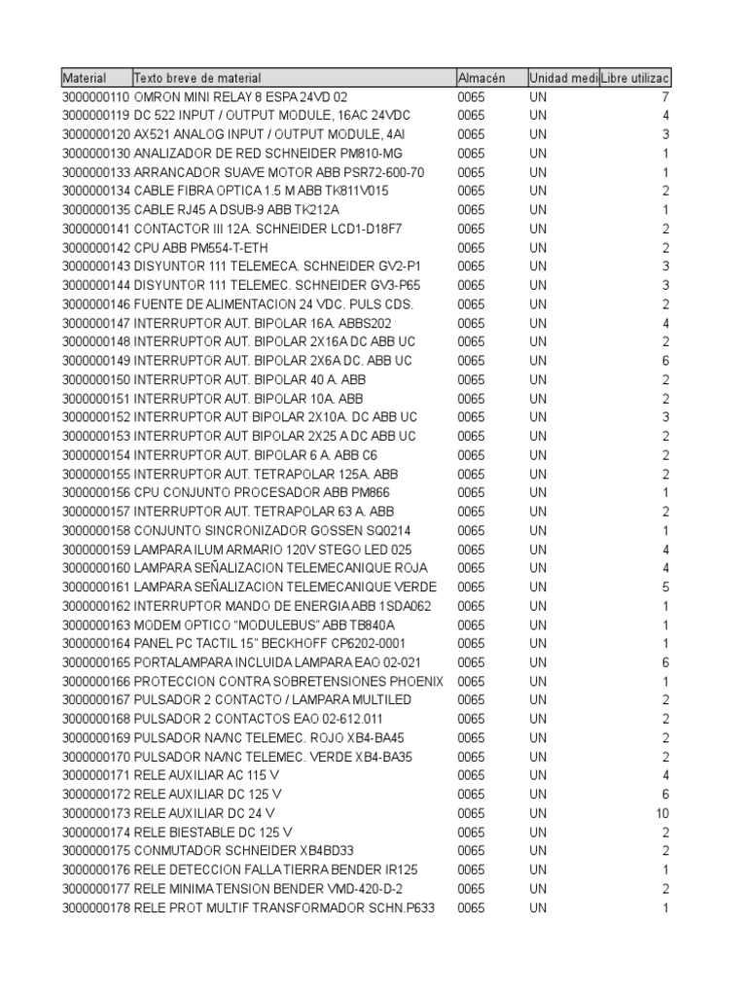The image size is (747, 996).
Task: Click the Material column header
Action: (83, 78)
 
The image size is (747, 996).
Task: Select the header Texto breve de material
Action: (197, 78)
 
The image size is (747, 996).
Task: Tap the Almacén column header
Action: (481, 78)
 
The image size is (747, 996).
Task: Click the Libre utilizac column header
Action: (635, 78)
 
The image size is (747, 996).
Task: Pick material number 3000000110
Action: (95, 97)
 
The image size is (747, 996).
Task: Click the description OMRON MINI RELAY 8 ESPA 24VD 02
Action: (240, 97)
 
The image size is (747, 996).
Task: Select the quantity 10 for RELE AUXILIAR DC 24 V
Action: (662, 813)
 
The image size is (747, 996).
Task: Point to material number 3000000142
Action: (95, 248)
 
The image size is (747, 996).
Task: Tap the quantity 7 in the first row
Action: (665, 97)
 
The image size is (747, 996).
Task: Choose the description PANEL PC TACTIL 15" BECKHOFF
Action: (256, 643)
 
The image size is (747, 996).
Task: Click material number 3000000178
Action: (95, 907)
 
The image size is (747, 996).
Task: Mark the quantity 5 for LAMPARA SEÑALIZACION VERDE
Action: (665, 587)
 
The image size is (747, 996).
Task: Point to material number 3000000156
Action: (95, 492)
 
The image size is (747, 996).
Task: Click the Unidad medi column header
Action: (563, 78)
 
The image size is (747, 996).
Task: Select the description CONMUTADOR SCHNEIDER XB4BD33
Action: (237, 851)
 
